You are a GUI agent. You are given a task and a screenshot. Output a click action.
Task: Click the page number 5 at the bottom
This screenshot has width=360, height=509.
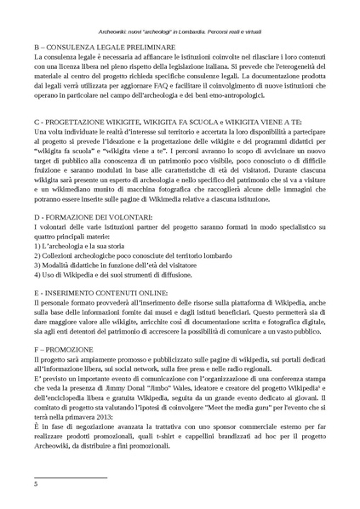coord(35,484)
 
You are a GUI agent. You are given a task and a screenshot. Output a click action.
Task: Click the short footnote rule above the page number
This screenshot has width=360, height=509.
coord(69,478)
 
